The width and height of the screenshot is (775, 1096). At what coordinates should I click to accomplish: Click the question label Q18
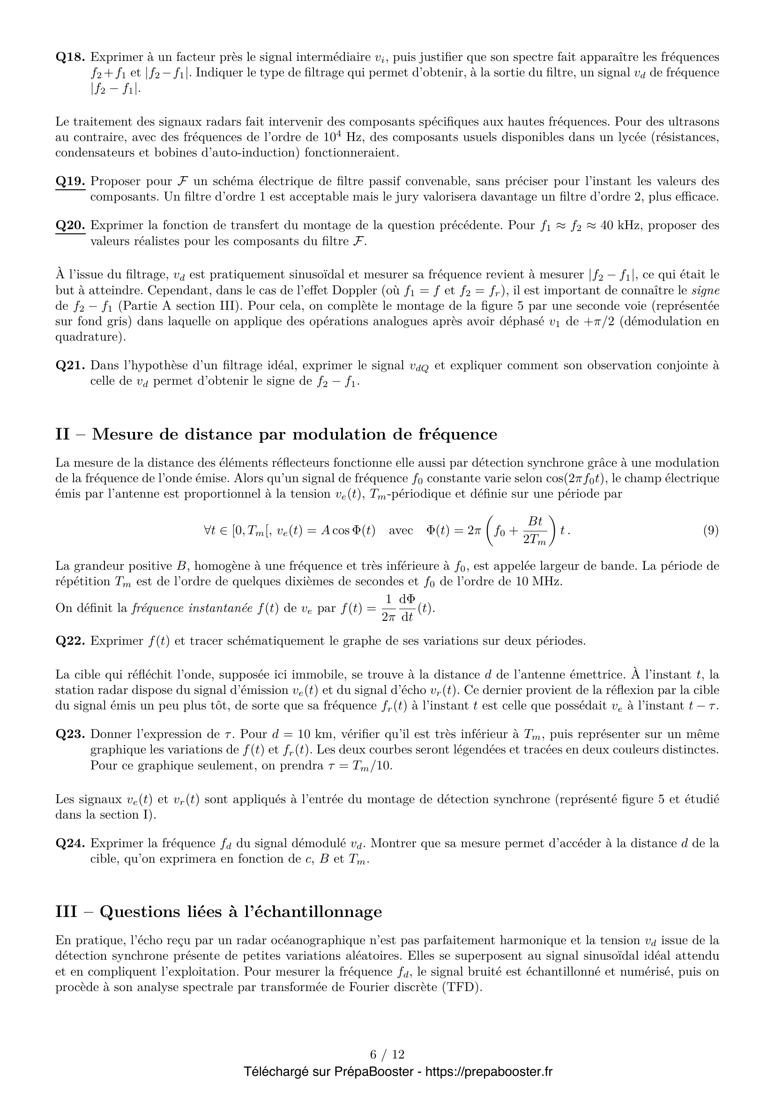point(70,57)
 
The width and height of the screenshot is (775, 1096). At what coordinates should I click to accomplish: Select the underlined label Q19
point(70,181)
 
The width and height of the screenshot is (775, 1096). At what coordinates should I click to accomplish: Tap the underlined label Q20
point(70,225)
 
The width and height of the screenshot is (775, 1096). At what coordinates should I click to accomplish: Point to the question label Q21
point(70,365)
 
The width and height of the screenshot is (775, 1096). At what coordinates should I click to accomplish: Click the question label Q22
point(70,641)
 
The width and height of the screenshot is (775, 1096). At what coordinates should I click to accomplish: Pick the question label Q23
point(70,733)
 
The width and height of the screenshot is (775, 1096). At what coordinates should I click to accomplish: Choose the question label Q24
point(70,843)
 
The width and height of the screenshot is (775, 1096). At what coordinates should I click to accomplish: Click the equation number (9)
point(711,530)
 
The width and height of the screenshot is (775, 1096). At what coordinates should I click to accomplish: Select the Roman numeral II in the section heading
point(62,434)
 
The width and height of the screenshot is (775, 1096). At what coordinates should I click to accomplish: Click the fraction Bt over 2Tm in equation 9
point(535,530)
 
